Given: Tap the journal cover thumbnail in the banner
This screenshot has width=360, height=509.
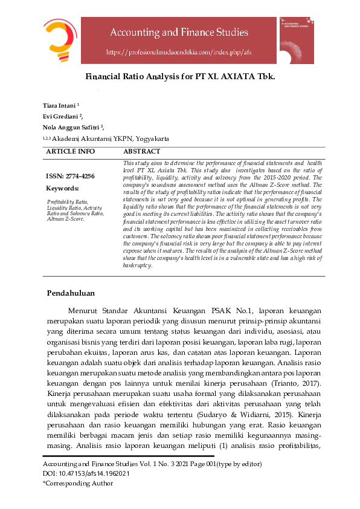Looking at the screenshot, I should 297,40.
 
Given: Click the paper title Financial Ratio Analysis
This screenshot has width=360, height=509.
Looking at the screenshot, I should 179,77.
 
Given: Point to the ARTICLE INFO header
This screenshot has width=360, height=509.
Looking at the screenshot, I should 70,151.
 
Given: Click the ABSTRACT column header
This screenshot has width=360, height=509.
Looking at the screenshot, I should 142,151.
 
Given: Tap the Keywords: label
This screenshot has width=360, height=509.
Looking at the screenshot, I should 62,189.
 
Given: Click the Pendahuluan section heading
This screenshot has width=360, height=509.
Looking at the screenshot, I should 71,294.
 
